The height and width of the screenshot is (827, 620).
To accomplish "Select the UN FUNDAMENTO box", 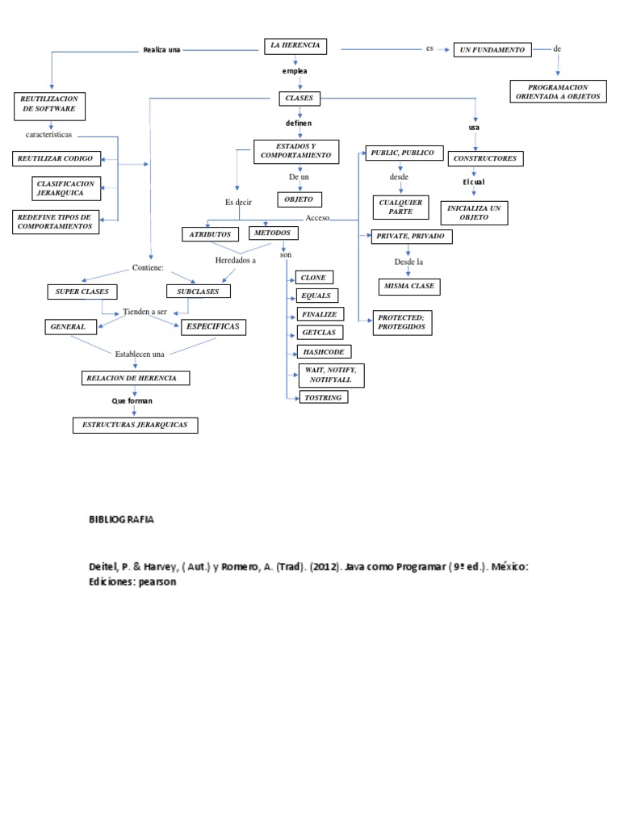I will tap(492, 49).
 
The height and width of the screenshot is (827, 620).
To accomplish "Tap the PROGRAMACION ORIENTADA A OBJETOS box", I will tap(558, 91).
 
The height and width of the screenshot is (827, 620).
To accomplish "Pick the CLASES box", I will tap(300, 99).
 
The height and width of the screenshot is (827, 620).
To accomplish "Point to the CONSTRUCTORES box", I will tap(485, 158).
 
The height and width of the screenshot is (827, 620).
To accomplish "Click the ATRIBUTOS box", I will tap(210, 234).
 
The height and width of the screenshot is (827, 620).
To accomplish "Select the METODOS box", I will tap(273, 233).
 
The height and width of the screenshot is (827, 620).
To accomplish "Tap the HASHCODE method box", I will tap(323, 352).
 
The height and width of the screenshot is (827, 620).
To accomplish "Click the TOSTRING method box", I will tap(322, 397).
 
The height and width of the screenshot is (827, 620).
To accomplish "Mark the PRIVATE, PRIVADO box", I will tap(410, 237).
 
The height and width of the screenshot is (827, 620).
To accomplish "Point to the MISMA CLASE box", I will tap(408, 286).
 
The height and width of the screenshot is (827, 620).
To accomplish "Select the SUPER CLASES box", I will tap(82, 292).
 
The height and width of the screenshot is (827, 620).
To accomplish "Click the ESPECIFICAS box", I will tap(212, 326).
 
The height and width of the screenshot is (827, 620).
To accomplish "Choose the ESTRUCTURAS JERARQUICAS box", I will tap(135, 425).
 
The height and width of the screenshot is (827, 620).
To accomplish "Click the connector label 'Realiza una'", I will tap(161, 50).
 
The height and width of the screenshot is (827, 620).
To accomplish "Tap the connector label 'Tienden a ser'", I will tap(145, 312).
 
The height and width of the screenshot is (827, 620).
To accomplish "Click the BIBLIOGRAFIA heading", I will tap(121, 519).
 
